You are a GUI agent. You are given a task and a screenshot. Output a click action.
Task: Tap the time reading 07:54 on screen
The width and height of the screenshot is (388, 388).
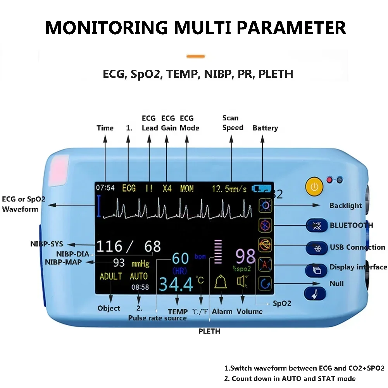(x=105, y=188)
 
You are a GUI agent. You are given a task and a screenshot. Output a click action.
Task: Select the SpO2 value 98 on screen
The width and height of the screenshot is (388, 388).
(x=245, y=257)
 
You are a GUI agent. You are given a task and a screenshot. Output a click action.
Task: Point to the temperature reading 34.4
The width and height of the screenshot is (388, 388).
(x=176, y=285)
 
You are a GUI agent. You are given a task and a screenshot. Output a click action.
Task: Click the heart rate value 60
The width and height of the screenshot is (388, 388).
(x=180, y=258)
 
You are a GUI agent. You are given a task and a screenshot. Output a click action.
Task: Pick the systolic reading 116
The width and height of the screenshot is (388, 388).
(x=109, y=247)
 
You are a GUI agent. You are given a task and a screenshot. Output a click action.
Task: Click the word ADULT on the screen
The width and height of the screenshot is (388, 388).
(x=111, y=276)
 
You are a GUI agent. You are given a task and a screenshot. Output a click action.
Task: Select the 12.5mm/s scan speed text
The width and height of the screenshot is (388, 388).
(x=229, y=189)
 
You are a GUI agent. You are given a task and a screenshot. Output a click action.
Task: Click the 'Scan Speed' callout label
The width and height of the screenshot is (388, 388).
(x=233, y=122)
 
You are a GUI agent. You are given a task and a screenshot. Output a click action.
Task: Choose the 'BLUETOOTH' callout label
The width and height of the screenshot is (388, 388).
(x=352, y=225)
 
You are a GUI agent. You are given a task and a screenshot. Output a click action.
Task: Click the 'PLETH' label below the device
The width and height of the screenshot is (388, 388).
(x=209, y=331)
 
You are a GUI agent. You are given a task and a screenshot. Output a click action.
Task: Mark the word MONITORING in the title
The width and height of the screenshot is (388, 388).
(x=106, y=28)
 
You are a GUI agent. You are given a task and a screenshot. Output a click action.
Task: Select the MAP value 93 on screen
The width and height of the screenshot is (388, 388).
(x=119, y=262)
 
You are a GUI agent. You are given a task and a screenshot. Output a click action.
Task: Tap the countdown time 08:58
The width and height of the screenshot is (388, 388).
(x=140, y=287)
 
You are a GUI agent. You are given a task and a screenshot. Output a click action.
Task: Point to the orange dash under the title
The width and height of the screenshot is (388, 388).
(x=195, y=57)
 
